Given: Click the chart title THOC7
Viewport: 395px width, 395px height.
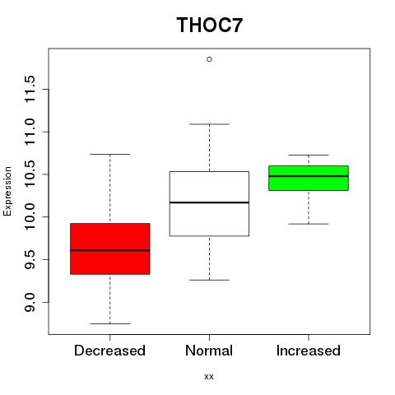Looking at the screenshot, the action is [x=210, y=25].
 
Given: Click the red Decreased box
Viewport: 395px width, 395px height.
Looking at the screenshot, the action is [x=110, y=249].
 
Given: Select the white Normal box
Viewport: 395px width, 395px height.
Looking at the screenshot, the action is [x=209, y=203].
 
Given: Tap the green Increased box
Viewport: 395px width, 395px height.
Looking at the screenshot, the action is [x=309, y=178].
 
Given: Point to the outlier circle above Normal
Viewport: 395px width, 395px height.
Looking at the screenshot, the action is [x=209, y=59].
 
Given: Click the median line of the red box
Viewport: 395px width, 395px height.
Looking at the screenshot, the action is [x=110, y=250].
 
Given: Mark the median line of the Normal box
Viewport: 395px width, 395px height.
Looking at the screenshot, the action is [x=209, y=202].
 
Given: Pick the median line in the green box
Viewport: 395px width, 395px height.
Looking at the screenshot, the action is [x=309, y=176].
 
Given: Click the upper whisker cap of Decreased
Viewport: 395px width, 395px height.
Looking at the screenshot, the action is [x=110, y=154].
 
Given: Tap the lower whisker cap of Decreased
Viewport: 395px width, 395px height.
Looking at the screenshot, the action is [x=110, y=323].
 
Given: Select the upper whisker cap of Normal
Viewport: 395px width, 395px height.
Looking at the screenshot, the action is [x=209, y=124].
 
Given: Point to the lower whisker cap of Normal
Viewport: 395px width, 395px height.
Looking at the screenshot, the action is [x=209, y=280].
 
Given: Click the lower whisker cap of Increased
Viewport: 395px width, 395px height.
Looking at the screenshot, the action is [x=309, y=224].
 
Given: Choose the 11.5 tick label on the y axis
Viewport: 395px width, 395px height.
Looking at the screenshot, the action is [x=30, y=90].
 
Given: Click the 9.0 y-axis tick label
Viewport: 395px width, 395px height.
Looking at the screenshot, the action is [x=30, y=302].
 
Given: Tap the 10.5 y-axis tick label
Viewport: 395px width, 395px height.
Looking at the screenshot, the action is [x=30, y=174].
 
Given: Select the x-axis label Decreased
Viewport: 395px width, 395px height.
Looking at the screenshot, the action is [x=109, y=351].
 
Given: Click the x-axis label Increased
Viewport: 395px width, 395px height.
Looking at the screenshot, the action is [x=309, y=351].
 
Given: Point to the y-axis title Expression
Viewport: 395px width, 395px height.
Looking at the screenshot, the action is [x=7, y=191].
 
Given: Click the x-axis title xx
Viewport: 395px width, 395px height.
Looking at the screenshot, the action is [x=209, y=377].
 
